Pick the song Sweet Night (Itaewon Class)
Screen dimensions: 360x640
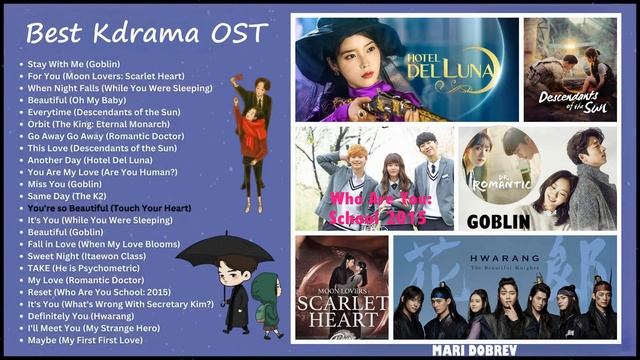click(x=88, y=256)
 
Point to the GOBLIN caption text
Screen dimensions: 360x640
click(x=492, y=221)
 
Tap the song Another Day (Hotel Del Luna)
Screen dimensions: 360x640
click(x=90, y=159)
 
